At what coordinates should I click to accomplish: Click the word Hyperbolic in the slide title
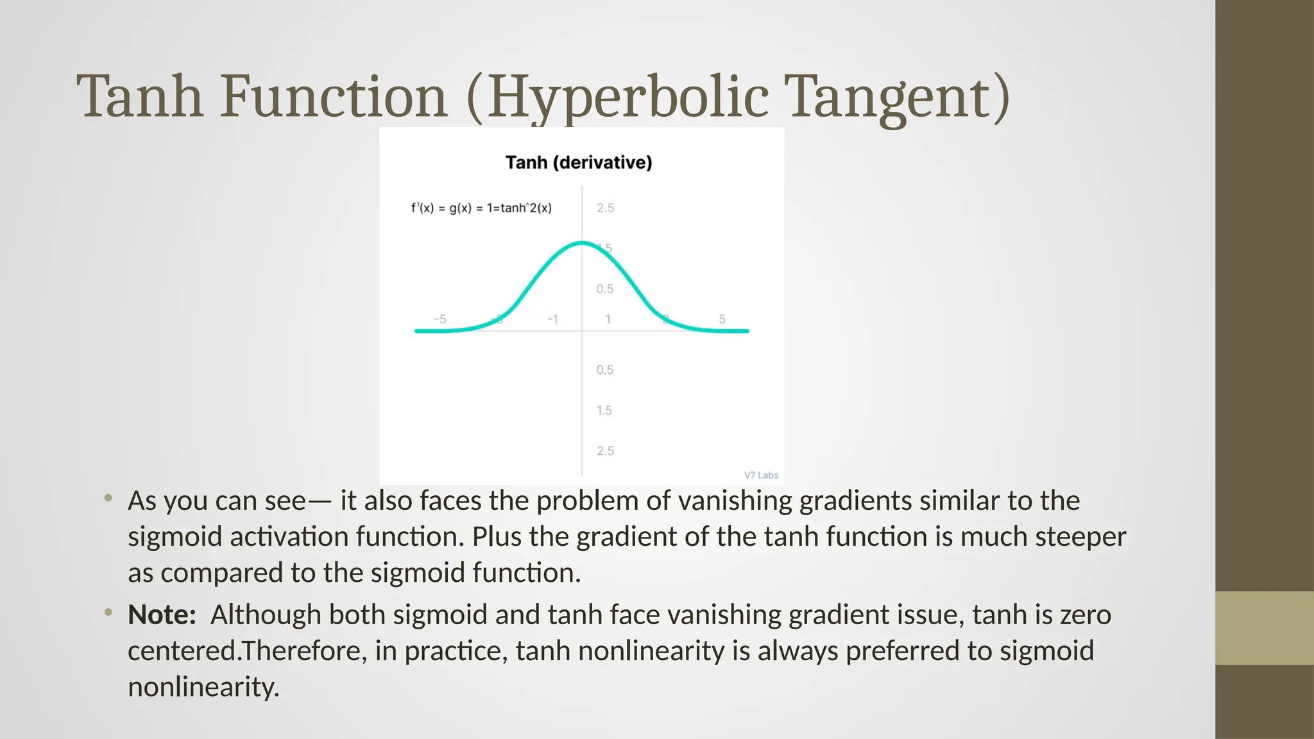click(627, 98)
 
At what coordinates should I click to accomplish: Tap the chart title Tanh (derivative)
click(578, 162)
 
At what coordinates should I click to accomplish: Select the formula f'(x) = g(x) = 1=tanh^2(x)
click(481, 208)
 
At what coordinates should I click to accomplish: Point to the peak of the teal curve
click(581, 242)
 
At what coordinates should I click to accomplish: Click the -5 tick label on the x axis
click(440, 319)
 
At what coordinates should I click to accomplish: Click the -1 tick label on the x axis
click(552, 319)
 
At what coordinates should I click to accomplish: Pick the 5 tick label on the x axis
click(722, 319)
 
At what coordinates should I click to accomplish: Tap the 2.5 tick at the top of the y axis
click(605, 208)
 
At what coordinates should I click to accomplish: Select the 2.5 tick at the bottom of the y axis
click(605, 451)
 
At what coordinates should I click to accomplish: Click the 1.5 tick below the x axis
click(604, 411)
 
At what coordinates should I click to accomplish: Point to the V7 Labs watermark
click(761, 475)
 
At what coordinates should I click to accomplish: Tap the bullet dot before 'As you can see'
click(108, 498)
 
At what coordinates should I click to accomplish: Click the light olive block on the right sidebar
click(1264, 628)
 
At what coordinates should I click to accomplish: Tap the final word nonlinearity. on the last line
click(203, 687)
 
